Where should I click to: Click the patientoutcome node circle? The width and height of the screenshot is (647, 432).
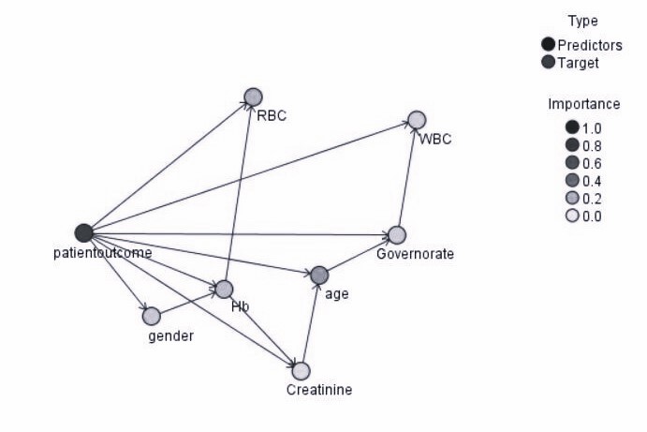[83, 232]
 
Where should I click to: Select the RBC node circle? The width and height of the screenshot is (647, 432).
[253, 96]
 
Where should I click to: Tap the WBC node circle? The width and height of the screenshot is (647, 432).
[417, 120]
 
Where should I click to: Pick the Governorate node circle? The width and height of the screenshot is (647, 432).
[396, 234]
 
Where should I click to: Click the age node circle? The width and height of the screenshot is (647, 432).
[318, 275]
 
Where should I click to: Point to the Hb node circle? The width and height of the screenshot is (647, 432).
[224, 290]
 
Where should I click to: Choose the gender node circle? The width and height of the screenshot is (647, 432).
[151, 316]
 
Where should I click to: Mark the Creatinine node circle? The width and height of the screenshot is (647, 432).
[301, 371]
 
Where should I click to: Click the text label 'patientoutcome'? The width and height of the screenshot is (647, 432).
[103, 252]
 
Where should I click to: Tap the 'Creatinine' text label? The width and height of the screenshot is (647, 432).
[319, 390]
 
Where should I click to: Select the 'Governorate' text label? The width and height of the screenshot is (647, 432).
[415, 254]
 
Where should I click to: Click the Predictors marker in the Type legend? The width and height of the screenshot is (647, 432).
[548, 44]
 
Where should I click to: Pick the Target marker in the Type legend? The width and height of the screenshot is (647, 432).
[548, 62]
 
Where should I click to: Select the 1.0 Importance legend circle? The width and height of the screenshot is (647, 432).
[571, 127]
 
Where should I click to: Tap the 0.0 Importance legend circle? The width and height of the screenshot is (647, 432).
[571, 216]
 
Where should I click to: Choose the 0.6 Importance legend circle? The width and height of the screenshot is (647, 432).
[571, 163]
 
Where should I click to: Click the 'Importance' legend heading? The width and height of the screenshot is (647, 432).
[583, 104]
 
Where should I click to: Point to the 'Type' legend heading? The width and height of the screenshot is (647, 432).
[582, 21]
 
